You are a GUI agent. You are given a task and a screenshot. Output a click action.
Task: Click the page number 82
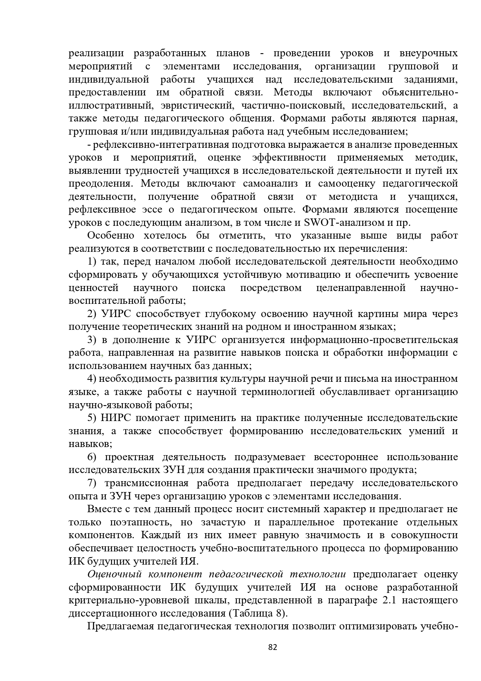(273, 647)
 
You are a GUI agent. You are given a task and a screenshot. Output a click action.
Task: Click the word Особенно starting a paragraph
(111, 236)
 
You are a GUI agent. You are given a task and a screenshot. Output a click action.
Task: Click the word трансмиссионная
(147, 483)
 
